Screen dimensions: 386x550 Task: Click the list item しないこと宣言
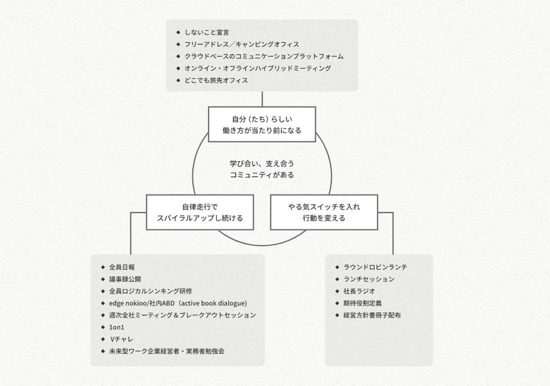pos(207,32)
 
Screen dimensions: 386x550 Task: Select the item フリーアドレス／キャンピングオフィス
pos(241,44)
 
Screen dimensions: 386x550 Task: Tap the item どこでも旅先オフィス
pos(216,80)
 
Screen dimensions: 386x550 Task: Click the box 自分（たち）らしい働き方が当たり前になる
pos(262,125)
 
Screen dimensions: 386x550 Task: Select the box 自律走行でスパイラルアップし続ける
pos(200,212)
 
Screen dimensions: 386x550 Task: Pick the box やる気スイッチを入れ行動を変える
pos(324,212)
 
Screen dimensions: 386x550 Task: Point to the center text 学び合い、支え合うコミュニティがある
pos(262,169)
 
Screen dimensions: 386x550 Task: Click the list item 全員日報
pos(122,267)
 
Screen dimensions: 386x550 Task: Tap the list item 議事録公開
pos(125,279)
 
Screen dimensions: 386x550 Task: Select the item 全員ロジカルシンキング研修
pos(150,291)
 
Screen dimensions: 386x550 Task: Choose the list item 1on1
pos(116,327)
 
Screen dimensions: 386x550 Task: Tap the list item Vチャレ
pos(121,339)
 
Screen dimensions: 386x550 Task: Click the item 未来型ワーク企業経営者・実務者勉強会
pos(167,351)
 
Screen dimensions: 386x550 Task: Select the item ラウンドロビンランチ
pos(375,267)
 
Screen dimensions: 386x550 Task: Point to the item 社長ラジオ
pos(359,291)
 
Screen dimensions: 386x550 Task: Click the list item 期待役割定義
pos(362,303)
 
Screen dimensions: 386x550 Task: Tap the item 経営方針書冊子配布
pos(372,315)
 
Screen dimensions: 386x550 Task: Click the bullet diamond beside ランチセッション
pos(337,279)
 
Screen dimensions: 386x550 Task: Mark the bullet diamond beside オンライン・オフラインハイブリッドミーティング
pos(178,68)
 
